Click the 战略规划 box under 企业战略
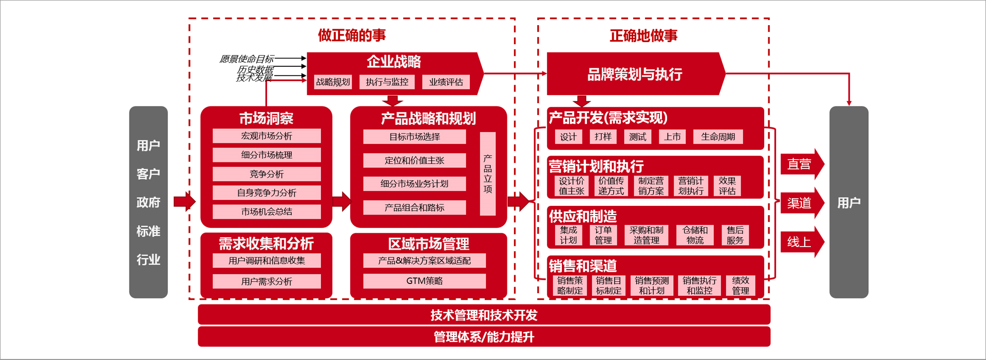click(x=333, y=82)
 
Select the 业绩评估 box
click(x=446, y=82)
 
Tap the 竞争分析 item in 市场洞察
click(x=267, y=174)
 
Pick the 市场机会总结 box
click(x=267, y=212)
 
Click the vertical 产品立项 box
click(x=487, y=174)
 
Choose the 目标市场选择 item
click(x=414, y=137)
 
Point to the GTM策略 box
click(x=424, y=281)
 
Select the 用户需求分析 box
click(x=267, y=281)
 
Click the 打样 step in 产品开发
click(x=603, y=137)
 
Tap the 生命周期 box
click(x=717, y=137)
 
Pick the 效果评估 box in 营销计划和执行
click(x=727, y=186)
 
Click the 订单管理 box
click(x=603, y=235)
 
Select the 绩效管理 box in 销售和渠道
click(x=740, y=286)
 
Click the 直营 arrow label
click(x=799, y=164)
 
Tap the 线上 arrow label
click(x=799, y=242)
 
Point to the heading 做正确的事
click(x=352, y=35)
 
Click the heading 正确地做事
click(x=643, y=35)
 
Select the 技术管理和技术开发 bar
click(x=484, y=315)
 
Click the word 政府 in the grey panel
click(x=148, y=202)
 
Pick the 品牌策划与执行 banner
click(x=635, y=74)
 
